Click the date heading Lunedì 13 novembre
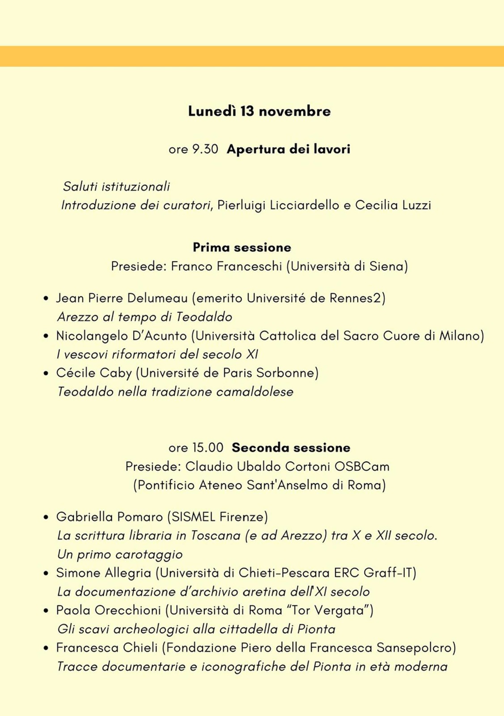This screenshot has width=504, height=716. point(259,111)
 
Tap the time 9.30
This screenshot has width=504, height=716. point(205,149)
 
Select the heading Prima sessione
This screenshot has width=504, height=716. point(241,247)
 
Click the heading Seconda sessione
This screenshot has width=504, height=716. point(291,447)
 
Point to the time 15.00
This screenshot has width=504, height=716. point(208,447)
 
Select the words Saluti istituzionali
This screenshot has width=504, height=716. point(116,186)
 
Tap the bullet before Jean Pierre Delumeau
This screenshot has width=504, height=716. point(46,298)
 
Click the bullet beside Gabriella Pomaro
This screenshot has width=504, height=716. point(46,517)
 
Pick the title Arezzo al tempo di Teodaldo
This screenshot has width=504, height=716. point(144,317)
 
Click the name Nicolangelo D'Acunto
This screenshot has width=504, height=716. point(121,336)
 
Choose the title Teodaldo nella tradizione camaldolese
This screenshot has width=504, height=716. point(175,392)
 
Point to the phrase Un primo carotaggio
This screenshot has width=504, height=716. point(120,554)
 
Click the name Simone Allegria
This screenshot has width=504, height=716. point(103,573)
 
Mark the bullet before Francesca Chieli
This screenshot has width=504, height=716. point(46,648)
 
